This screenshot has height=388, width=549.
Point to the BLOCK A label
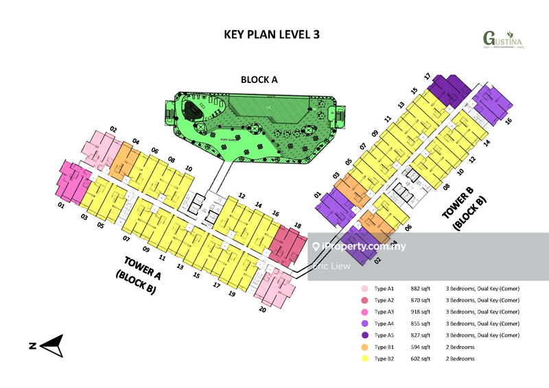(259, 80)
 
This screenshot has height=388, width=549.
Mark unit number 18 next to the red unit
(297, 225)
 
